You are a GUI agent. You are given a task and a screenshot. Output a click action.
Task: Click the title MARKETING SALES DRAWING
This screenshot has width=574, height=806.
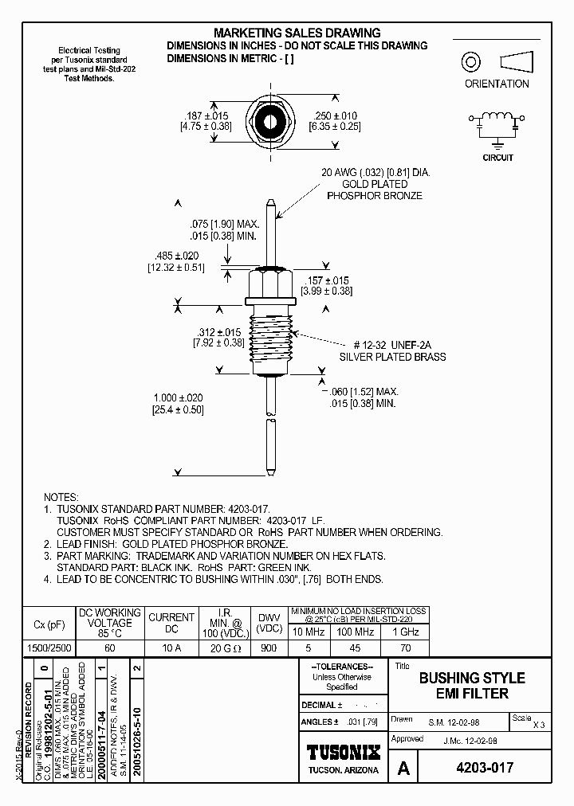[x=297, y=33]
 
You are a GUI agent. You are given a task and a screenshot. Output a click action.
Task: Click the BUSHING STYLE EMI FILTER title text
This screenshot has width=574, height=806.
[x=472, y=686]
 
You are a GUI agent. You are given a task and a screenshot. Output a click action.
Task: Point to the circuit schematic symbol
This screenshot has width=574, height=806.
[x=498, y=125]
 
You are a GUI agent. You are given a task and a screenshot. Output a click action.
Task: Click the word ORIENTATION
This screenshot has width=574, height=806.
[x=497, y=84]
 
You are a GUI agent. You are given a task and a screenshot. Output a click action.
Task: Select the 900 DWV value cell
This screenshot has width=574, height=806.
[x=269, y=648]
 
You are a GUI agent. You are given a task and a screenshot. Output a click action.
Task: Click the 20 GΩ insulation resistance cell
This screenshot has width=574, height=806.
[x=222, y=648]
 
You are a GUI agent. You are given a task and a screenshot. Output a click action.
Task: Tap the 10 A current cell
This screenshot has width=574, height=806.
[x=171, y=648]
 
